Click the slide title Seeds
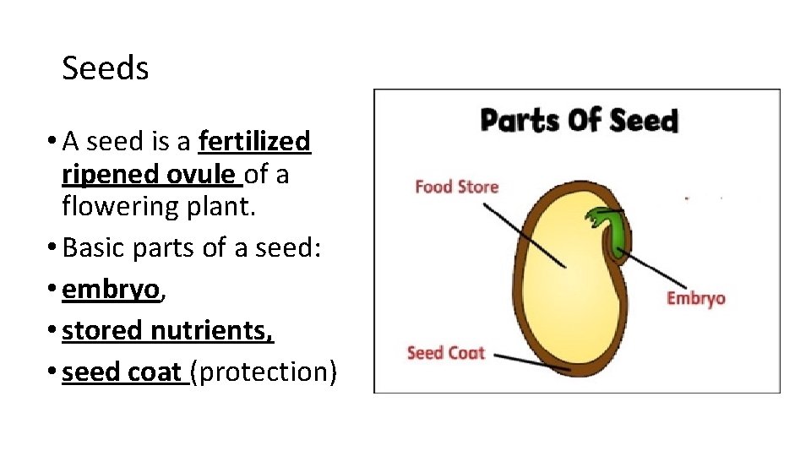(x=106, y=68)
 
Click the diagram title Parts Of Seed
(x=579, y=121)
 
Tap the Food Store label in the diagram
(x=456, y=187)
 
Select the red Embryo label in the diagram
(x=695, y=298)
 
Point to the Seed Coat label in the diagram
(x=445, y=352)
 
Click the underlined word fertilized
(x=254, y=141)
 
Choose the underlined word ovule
(x=201, y=174)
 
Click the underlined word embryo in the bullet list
(x=110, y=289)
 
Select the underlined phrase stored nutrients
(x=167, y=330)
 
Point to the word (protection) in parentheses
(x=264, y=372)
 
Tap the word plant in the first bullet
(x=220, y=206)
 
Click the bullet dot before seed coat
(x=54, y=372)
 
